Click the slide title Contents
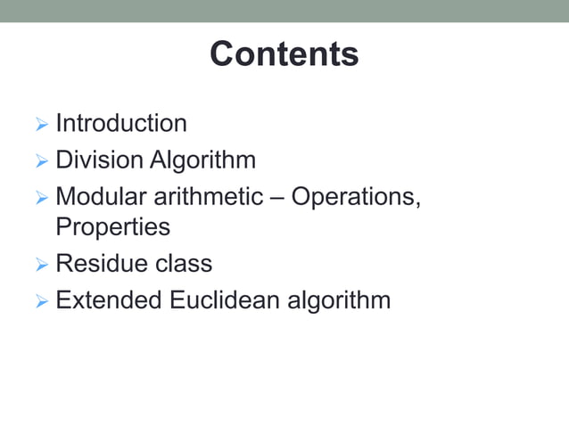(x=284, y=54)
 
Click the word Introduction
(x=121, y=123)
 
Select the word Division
(x=99, y=160)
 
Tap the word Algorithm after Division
(x=202, y=160)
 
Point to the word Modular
(x=101, y=195)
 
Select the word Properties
(x=112, y=227)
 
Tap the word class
(x=182, y=264)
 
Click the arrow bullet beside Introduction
(x=42, y=124)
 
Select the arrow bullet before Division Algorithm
(x=42, y=161)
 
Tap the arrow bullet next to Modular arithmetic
(x=42, y=196)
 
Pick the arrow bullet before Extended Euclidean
(x=42, y=300)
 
